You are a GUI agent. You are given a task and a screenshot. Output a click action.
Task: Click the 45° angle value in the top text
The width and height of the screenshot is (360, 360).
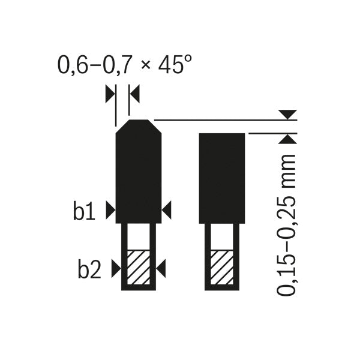[x=176, y=64]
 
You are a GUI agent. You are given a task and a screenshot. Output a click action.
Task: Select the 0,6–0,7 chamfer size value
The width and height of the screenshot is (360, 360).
[x=95, y=65]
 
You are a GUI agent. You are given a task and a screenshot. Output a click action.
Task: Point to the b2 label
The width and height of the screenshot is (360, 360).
[x=89, y=270]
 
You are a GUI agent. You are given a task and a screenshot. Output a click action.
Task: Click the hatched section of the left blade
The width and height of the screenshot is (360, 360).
[x=138, y=267]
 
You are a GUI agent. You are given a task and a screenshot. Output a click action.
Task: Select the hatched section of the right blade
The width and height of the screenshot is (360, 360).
[x=221, y=267]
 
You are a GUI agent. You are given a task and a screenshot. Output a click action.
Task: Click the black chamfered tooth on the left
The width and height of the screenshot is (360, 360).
[x=138, y=174]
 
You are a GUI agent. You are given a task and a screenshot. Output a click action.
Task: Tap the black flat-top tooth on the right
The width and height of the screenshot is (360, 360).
[x=221, y=177]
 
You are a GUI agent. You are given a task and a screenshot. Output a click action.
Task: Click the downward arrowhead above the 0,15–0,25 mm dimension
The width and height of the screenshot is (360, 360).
[x=289, y=113]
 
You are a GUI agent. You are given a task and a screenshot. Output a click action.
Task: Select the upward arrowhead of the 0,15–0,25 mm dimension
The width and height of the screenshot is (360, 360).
[x=289, y=139]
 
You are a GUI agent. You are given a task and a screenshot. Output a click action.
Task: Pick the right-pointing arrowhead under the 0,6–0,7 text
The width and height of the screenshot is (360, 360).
[x=109, y=93]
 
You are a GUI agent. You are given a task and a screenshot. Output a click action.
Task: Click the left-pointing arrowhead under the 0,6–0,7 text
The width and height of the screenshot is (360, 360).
[x=134, y=93]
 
